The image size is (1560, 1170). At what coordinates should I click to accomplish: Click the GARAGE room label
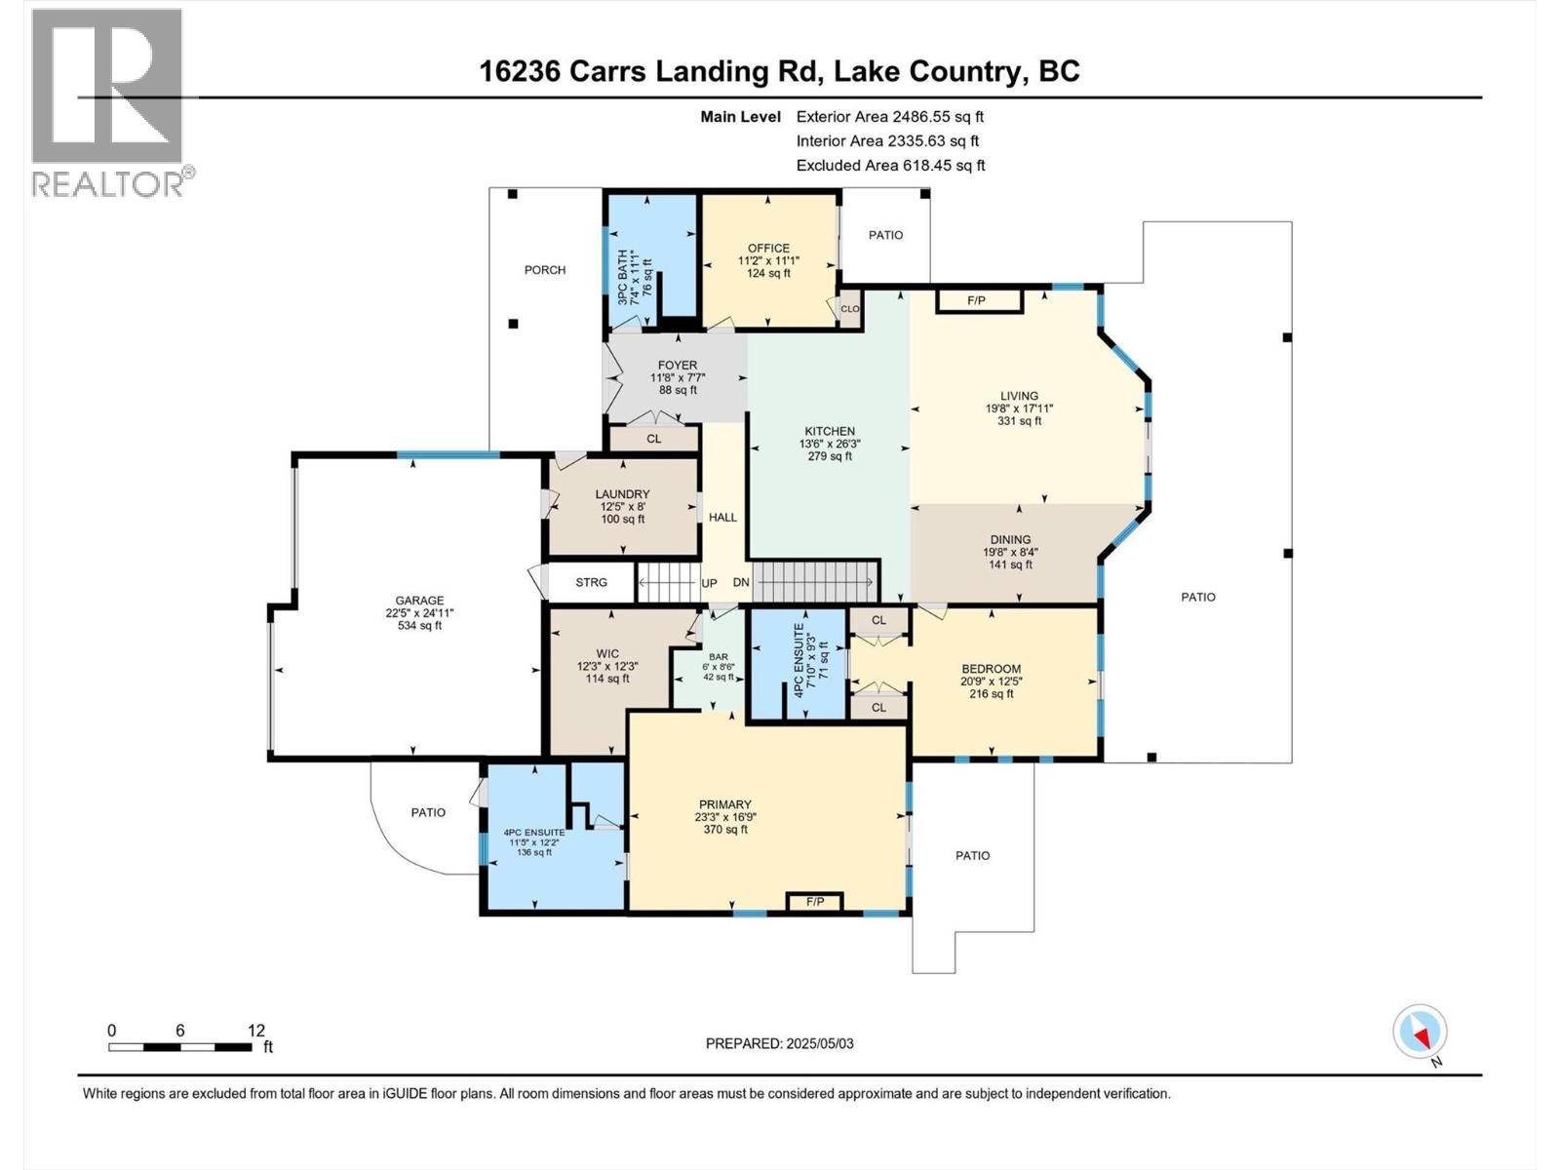tap(419, 601)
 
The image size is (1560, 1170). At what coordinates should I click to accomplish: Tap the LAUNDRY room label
tap(622, 494)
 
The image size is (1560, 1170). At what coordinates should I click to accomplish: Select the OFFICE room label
tap(768, 248)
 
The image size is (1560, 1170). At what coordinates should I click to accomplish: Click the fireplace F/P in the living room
tap(977, 300)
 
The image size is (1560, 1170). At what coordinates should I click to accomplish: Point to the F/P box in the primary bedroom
tap(815, 902)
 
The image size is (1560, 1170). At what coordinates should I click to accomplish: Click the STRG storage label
tap(591, 582)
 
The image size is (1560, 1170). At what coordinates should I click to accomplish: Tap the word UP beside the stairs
tap(710, 583)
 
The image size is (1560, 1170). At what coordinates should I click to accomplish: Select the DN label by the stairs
tap(741, 583)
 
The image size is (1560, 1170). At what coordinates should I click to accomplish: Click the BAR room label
tap(719, 656)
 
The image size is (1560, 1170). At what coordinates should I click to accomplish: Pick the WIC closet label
tap(607, 654)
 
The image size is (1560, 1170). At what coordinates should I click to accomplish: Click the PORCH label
tap(544, 270)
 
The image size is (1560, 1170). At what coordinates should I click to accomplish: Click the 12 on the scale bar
tap(256, 1031)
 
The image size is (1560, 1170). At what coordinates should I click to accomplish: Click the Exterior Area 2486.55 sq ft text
tap(889, 116)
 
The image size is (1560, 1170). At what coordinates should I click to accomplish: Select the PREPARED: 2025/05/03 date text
tap(779, 1043)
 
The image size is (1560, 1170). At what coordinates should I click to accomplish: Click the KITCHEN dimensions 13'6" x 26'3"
tap(829, 444)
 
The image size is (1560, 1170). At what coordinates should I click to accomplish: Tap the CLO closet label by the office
tap(850, 309)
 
